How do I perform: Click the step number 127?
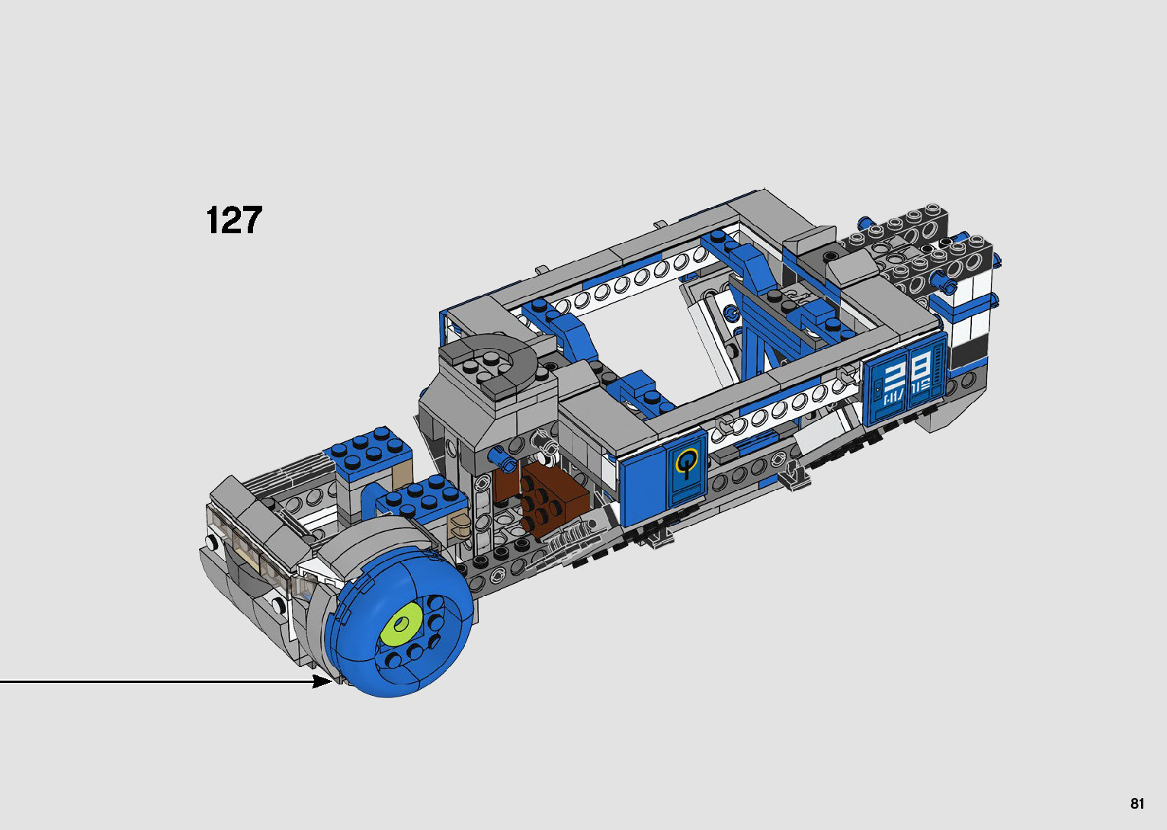coord(234,220)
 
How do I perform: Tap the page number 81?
coord(1137,803)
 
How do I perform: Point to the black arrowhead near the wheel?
coord(322,681)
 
